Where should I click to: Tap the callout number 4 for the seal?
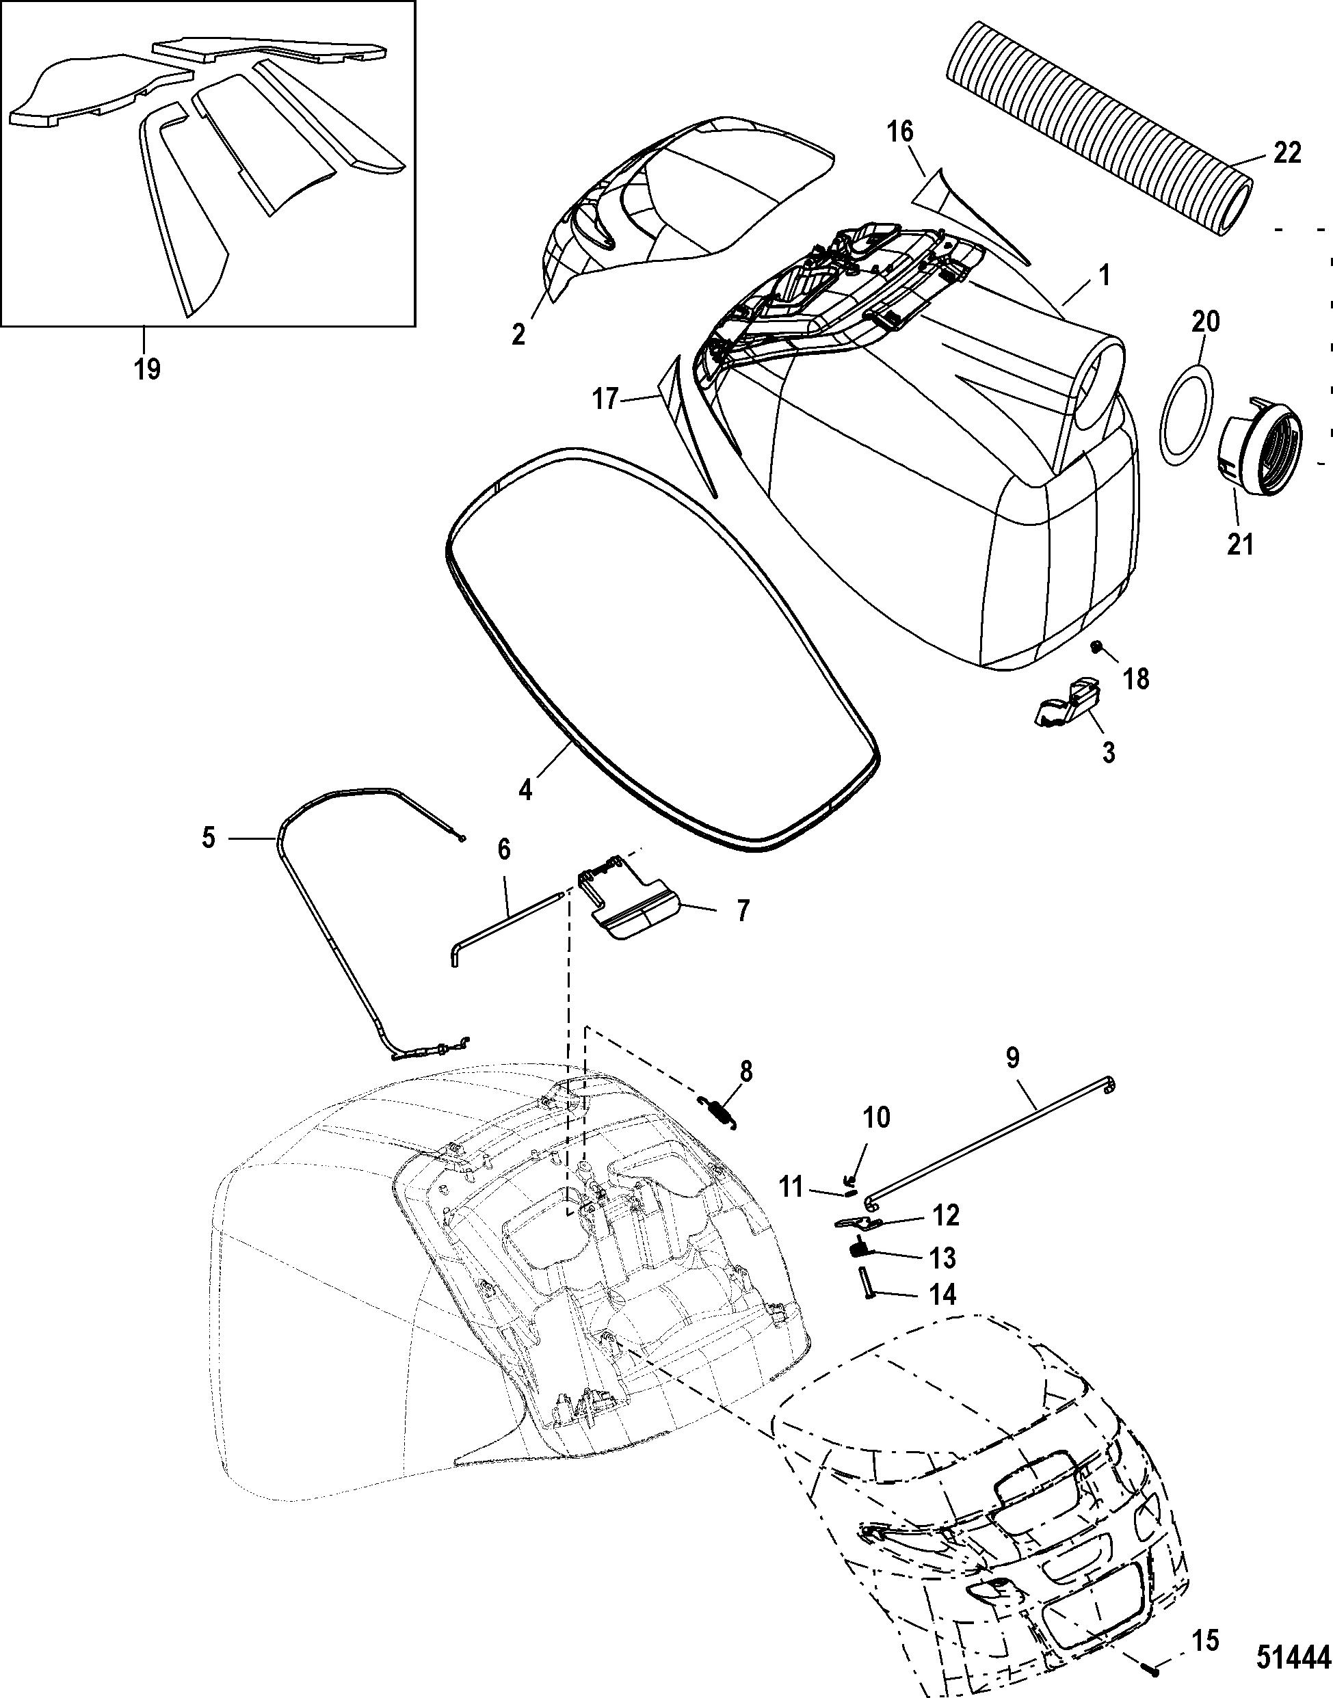coord(525,790)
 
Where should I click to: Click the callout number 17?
coord(605,399)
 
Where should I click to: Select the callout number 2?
coord(518,334)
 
